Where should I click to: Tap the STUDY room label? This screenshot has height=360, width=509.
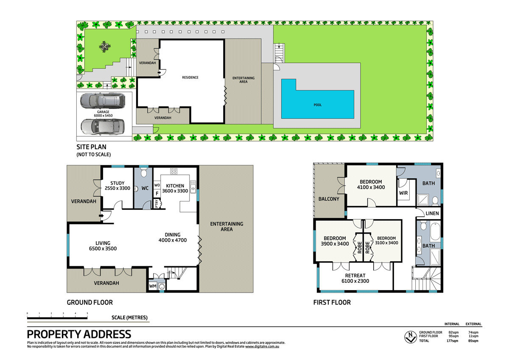(117, 183)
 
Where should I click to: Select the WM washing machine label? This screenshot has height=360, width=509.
(153, 286)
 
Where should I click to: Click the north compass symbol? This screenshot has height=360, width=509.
(411, 337)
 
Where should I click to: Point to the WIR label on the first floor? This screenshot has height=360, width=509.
(403, 193)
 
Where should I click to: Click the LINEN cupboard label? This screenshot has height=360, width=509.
(432, 213)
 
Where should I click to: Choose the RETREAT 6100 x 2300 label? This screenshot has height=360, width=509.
(355, 278)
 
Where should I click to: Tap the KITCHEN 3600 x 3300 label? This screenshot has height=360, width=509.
(175, 188)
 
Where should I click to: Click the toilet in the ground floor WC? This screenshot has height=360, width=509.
(143, 173)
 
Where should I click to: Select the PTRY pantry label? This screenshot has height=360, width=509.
(157, 204)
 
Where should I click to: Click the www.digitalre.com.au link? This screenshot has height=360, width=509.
(262, 346)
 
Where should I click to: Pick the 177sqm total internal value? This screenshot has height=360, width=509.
(452, 340)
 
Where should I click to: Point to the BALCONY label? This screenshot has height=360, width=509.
(329, 199)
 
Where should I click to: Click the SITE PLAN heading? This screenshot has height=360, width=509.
(91, 147)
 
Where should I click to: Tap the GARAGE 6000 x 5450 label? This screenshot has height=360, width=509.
(103, 114)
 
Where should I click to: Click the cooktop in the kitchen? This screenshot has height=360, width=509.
(173, 171)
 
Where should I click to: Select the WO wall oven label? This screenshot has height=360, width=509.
(157, 185)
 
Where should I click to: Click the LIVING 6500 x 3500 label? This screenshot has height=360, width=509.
(103, 246)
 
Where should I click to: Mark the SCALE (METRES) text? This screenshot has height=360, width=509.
(129, 318)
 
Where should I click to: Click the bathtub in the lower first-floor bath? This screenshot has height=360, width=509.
(435, 231)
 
